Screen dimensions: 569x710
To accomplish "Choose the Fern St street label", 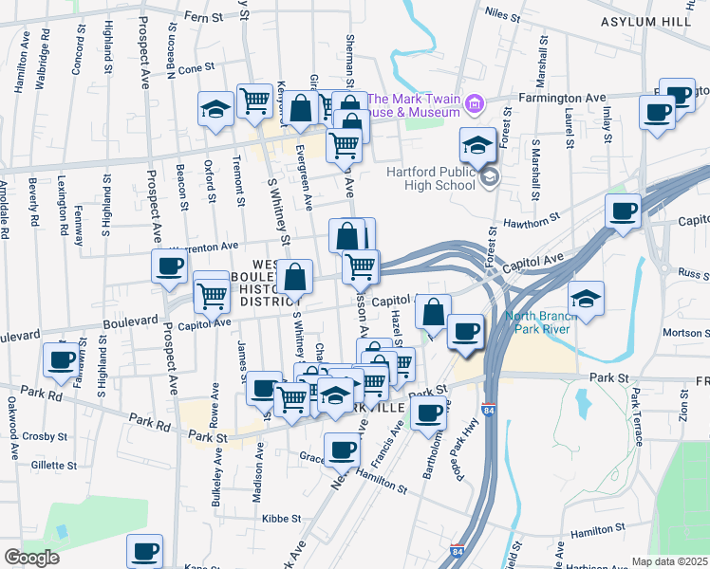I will [205, 16].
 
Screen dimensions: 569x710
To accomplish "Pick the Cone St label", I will [197, 68].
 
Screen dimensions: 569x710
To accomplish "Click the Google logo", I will [30, 557].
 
